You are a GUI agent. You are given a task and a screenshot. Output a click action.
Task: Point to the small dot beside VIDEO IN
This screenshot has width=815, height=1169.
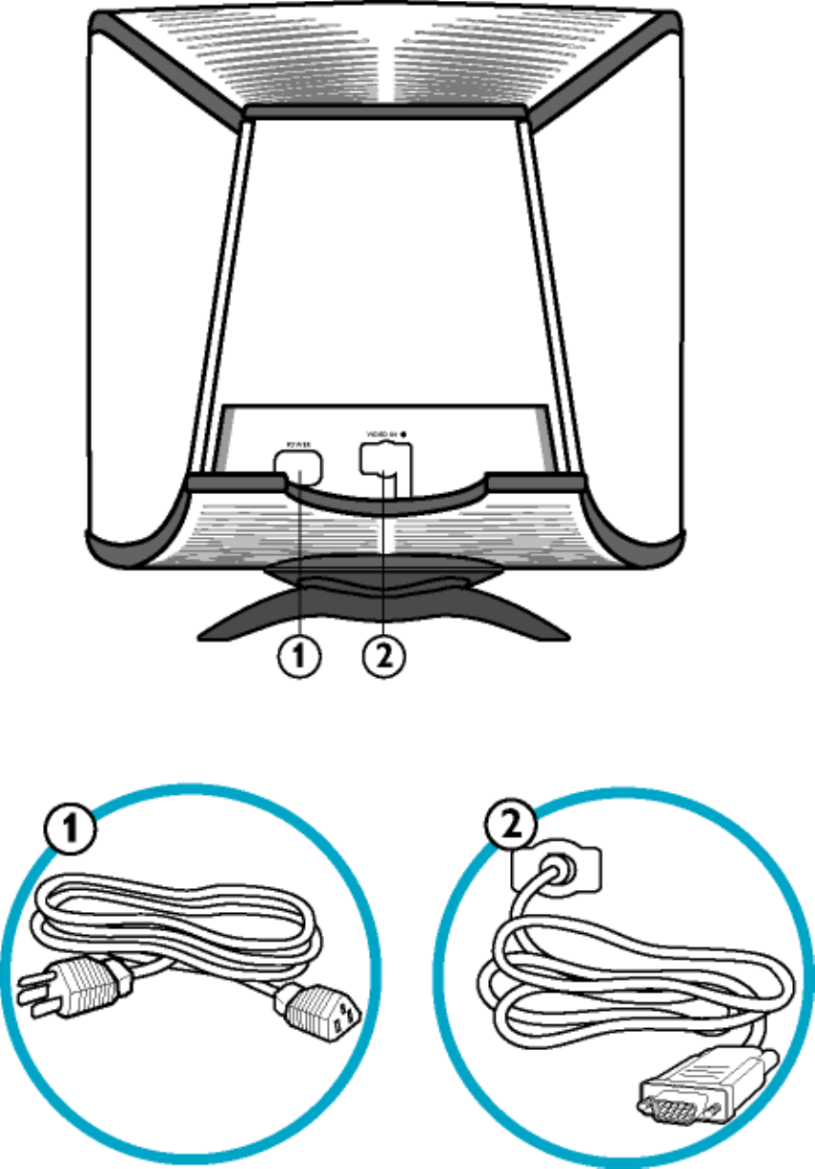tap(405, 434)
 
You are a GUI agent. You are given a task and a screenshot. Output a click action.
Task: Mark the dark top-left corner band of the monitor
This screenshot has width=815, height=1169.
tap(163, 67)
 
